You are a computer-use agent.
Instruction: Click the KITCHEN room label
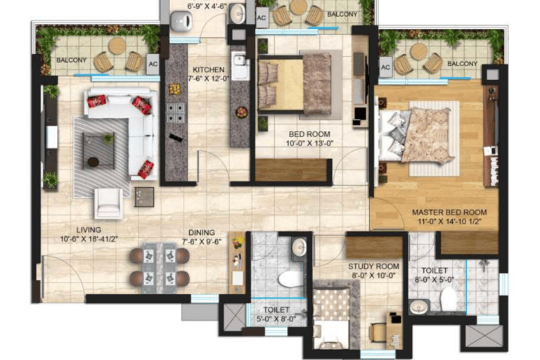tap(209, 70)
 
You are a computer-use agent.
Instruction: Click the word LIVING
tap(89, 229)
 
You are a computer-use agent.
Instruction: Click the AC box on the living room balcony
tap(153, 63)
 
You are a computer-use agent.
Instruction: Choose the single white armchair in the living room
tap(109, 202)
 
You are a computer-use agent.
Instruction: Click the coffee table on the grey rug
tap(98, 149)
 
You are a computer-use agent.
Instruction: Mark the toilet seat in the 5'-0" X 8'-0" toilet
tap(289, 279)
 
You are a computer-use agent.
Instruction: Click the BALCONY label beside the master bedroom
tap(462, 64)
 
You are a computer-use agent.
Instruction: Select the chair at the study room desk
tap(378, 330)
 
